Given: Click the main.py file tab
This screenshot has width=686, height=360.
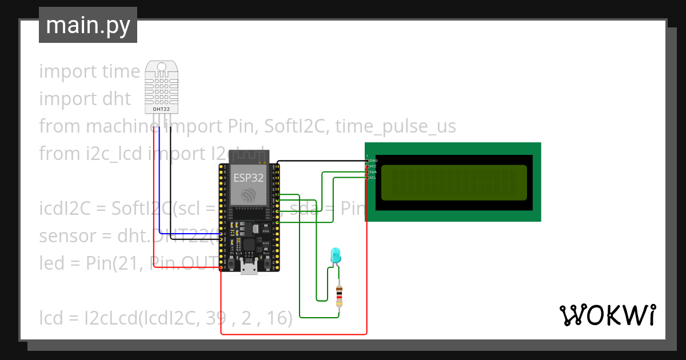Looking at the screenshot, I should [88, 25].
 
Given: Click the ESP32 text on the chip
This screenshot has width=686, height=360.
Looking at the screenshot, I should [248, 178].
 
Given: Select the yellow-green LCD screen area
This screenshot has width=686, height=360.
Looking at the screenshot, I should [453, 182].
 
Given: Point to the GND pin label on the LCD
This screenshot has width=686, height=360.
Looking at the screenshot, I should [374, 161].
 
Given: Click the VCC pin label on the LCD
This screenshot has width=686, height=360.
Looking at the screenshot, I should [373, 166].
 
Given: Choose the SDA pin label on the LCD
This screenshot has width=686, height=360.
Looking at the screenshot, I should [373, 172].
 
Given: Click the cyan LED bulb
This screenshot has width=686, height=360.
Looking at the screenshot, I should [336, 255].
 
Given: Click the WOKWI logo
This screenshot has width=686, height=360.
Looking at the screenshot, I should [607, 315].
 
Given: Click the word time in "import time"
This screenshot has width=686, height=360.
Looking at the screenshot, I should [121, 71].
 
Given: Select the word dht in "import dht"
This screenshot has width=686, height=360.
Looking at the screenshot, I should [117, 99].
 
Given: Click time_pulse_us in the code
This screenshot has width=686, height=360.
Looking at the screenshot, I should [396, 126].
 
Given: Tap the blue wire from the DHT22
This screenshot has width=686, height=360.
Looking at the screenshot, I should [159, 177].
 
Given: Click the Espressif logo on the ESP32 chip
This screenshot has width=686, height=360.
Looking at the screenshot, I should [248, 195].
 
